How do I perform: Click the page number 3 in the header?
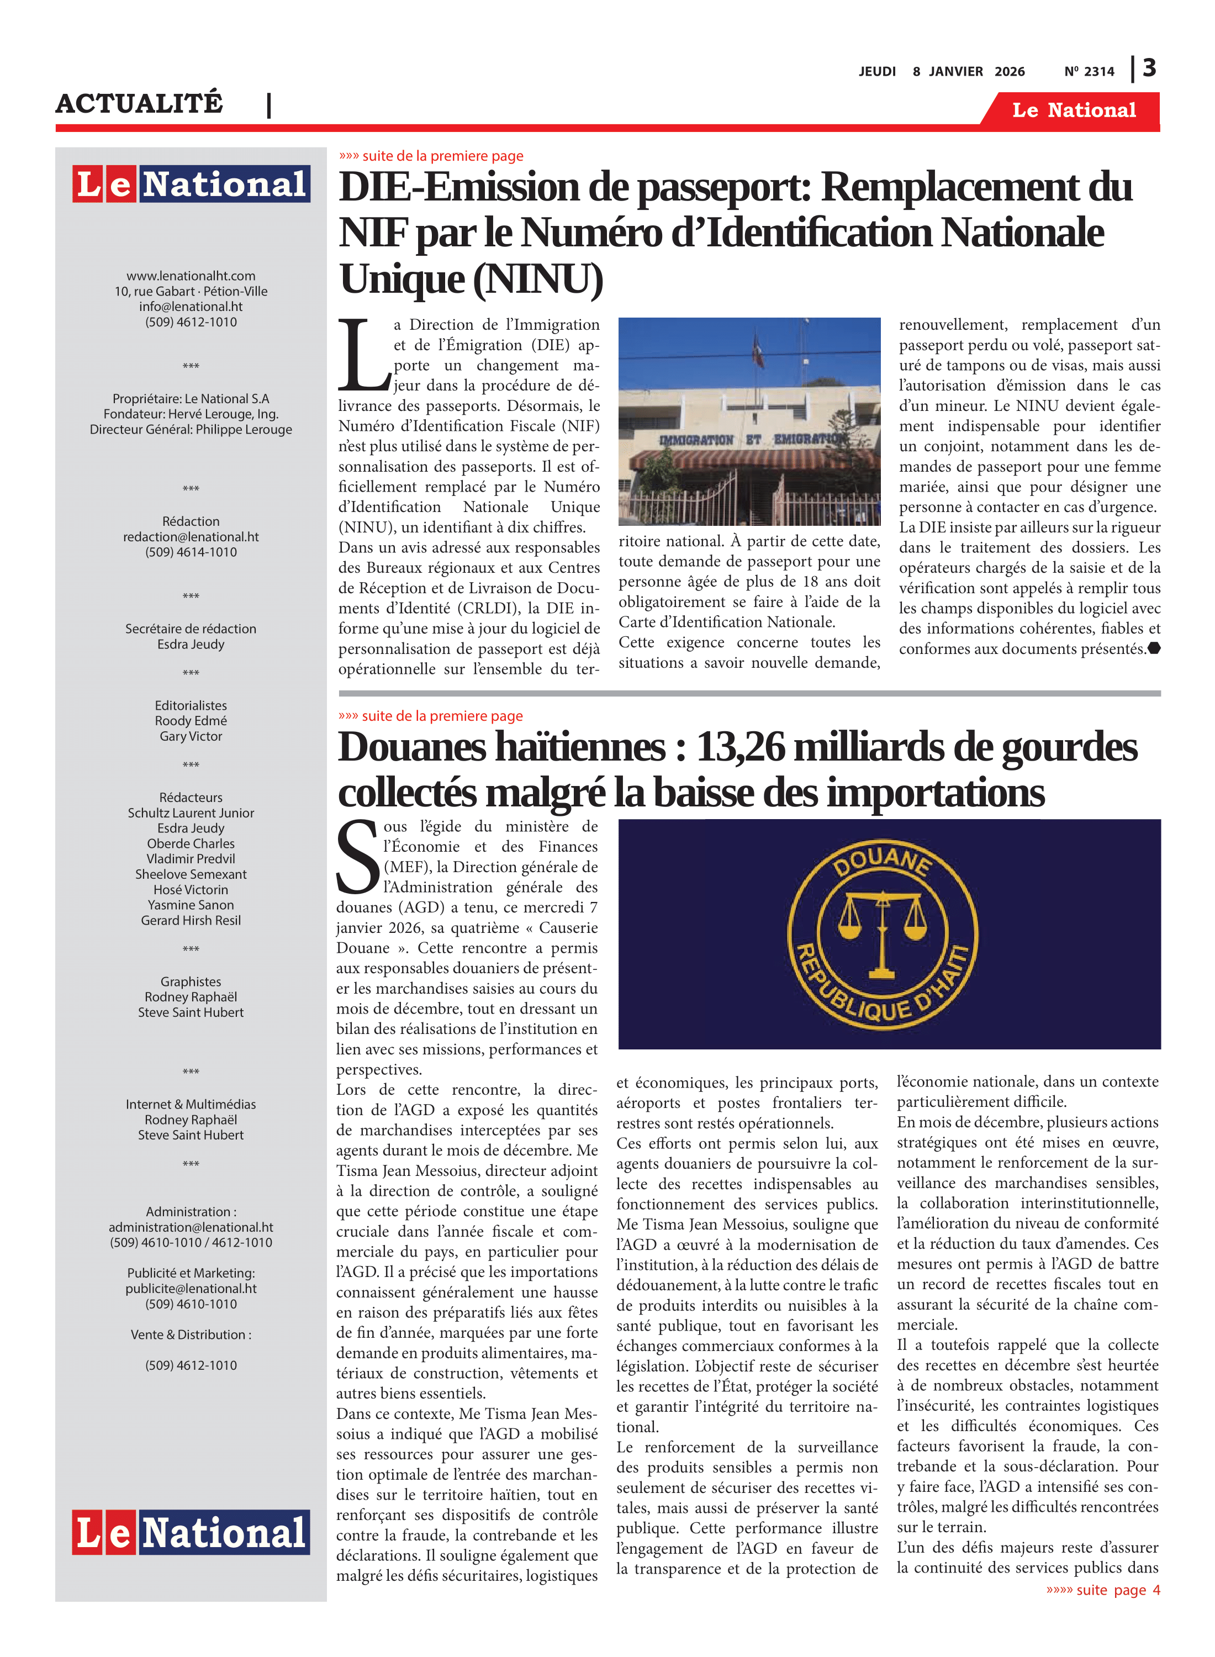pyautogui.click(x=1149, y=68)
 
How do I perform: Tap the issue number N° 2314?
pyautogui.click(x=1089, y=71)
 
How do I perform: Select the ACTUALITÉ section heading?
pyautogui.click(x=139, y=103)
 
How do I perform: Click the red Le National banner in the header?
pyautogui.click(x=1073, y=110)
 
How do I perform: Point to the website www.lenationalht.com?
pyautogui.click(x=191, y=276)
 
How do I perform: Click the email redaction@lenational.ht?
pyautogui.click(x=191, y=537)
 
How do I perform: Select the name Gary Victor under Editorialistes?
pyautogui.click(x=191, y=736)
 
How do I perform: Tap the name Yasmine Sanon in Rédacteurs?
pyautogui.click(x=191, y=905)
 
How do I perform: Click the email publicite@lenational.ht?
pyautogui.click(x=191, y=1289)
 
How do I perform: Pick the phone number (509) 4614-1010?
pyautogui.click(x=191, y=552)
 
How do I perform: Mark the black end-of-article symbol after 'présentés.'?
pyautogui.click(x=1154, y=648)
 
